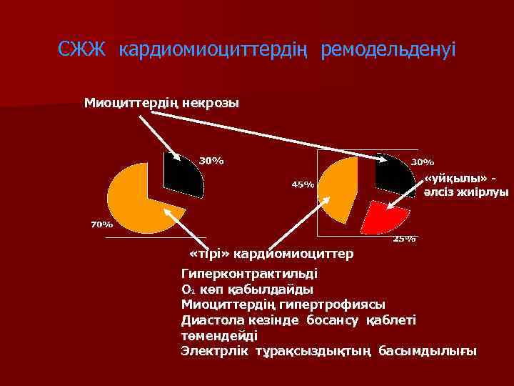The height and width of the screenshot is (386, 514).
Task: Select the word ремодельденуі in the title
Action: click(388, 51)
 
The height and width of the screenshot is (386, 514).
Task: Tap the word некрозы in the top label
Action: click(211, 104)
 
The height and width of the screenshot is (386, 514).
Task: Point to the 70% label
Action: click(101, 224)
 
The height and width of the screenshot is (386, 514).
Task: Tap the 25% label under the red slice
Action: click(404, 239)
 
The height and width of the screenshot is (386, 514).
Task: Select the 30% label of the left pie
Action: click(211, 160)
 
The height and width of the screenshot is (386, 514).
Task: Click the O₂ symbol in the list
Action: click(188, 290)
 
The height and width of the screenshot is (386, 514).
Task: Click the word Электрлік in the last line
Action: click(215, 351)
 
